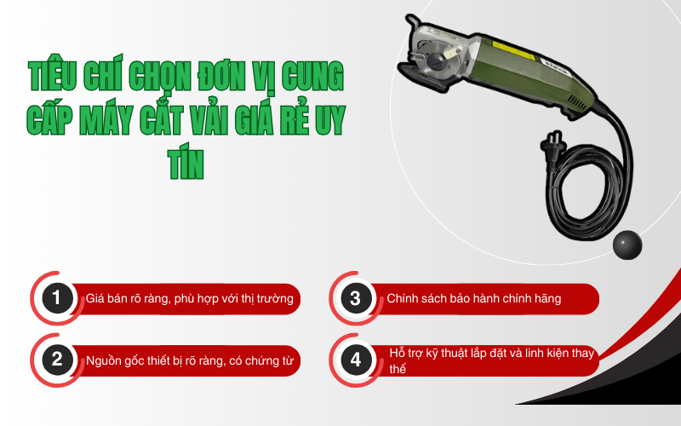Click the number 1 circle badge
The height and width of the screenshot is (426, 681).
coord(57,298)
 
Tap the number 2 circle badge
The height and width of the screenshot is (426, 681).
coord(57,360)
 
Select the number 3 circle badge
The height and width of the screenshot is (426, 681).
coord(356,298)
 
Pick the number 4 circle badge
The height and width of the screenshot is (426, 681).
coord(356,360)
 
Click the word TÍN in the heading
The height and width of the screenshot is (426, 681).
coord(186,162)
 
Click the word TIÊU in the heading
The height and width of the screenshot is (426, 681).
coord(53,75)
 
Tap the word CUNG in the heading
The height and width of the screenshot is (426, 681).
coord(313,76)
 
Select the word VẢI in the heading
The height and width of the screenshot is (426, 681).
coord(202,118)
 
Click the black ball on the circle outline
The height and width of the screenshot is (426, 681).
coord(627,245)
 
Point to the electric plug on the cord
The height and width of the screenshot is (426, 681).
coord(552,144)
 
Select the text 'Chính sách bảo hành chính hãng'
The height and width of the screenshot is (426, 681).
coord(474,299)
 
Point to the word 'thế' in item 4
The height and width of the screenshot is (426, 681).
coord(398,369)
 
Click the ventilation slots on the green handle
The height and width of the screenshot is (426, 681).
coord(576,103)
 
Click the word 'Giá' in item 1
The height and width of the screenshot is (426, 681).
coord(94,299)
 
